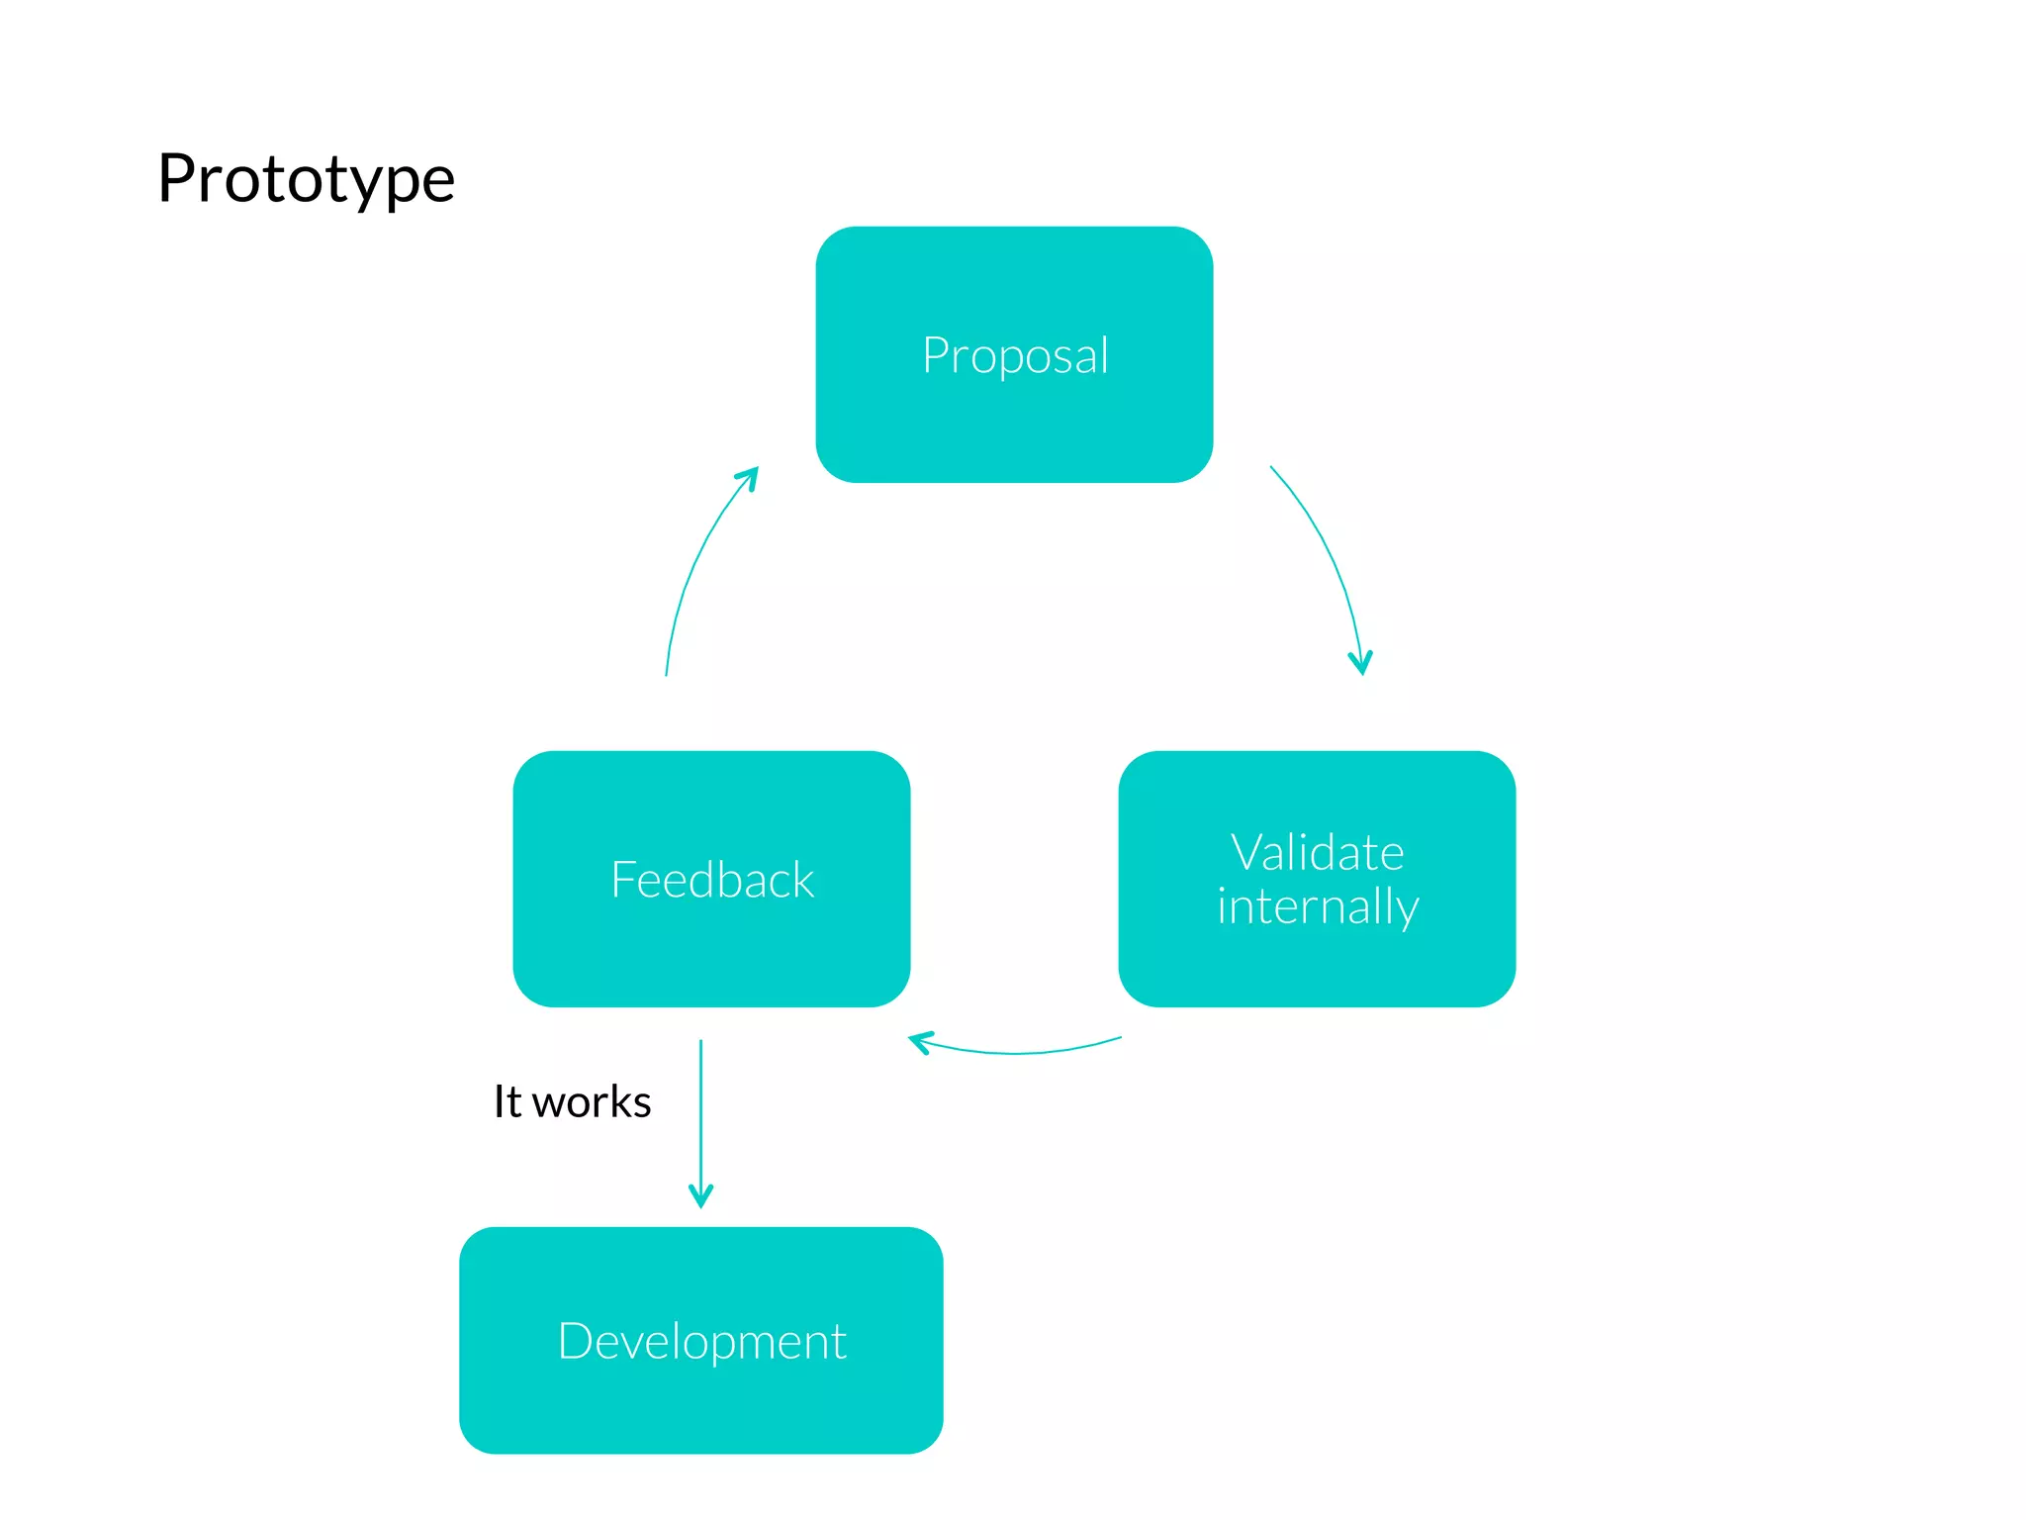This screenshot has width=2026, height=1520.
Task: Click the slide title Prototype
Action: pos(306,180)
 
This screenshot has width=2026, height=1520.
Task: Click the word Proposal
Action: pos(1015,355)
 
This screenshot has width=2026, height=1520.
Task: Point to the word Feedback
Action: pos(712,880)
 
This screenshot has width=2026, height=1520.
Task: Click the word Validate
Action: pos(1317,853)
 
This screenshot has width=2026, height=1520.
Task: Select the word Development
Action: pos(701,1342)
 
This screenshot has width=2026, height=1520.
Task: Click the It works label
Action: pos(572,1101)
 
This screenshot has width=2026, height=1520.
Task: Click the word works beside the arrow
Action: pos(592,1102)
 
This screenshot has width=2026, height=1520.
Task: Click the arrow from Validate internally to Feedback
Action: pos(1019,1052)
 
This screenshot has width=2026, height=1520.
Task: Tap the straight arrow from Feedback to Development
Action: pos(700,1118)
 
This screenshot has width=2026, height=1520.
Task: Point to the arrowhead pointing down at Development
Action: pos(700,1197)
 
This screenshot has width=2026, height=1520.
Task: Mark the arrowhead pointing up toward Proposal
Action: pos(750,477)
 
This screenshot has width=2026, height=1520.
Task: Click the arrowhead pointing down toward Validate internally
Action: pos(1361,664)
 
